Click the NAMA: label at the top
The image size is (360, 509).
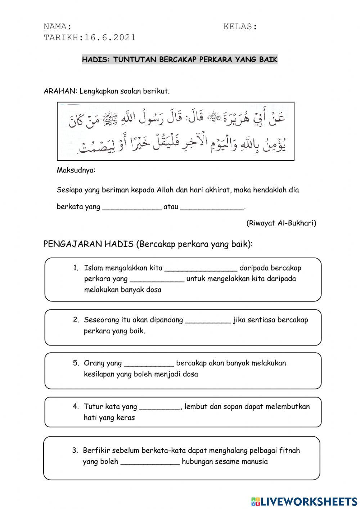pos(57,27)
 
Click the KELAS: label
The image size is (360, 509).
pos(240,27)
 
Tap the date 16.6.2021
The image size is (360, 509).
pos(110,37)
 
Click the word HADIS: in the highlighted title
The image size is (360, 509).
pos(96,60)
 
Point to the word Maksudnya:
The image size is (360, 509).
pos(76,170)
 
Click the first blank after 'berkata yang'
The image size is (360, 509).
pos(132,207)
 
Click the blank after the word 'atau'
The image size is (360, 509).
pos(212,207)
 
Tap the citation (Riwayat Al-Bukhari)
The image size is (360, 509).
pos(281,223)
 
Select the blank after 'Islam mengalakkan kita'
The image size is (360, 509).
pos(201,268)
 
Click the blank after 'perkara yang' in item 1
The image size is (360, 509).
pos(157,279)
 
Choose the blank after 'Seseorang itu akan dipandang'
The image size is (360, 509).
pos(208,320)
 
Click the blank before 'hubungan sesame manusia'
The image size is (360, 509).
pos(150,462)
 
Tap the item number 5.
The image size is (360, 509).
pos(76,363)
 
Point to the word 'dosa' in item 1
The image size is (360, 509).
pos(154,290)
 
